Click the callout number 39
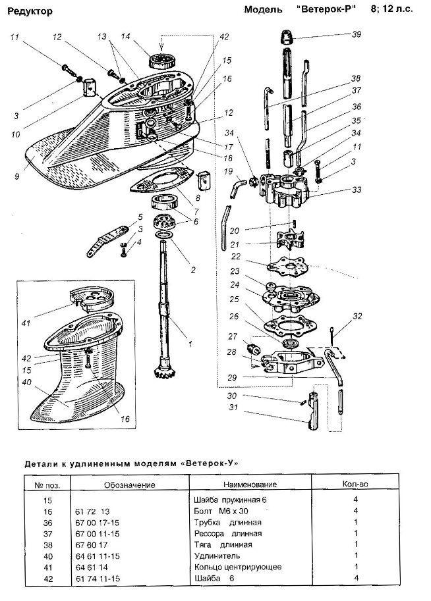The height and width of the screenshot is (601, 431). coord(357,34)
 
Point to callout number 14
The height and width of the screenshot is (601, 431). coord(125,36)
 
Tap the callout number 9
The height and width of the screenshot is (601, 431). coord(16,176)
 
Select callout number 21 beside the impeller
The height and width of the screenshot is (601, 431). coord(235,244)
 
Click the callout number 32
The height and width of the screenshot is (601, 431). coord(357,316)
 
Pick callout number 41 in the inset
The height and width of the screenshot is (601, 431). coord(26,323)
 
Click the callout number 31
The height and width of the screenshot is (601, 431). coord(233,407)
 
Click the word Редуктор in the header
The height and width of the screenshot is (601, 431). coord(30,11)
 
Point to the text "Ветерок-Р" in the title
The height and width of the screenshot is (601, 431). coord(326,9)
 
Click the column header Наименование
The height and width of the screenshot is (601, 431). coord(250,484)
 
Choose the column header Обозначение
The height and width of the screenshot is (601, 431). coord(130,485)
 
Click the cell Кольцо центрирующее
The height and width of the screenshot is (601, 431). coord(238,567)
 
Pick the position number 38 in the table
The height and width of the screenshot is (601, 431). coord(48,545)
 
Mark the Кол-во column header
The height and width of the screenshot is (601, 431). coord(355,484)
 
